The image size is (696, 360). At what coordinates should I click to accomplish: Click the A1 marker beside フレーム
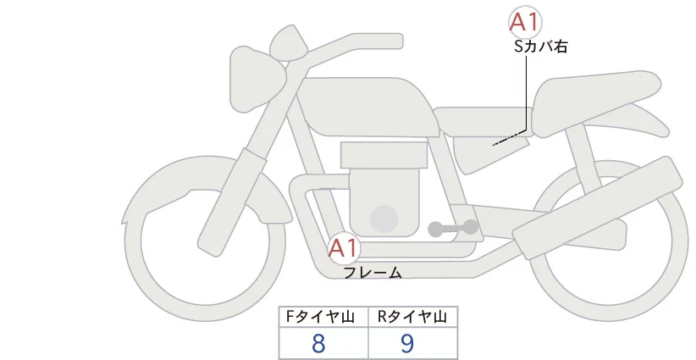click(x=345, y=249)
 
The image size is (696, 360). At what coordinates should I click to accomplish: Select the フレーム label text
click(x=373, y=273)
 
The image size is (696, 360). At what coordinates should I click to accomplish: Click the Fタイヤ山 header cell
click(x=323, y=317)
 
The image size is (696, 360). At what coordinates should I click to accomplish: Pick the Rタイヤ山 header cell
click(x=412, y=317)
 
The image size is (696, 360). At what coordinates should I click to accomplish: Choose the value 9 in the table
click(x=407, y=343)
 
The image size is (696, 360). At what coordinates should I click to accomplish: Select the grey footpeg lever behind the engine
click(x=452, y=228)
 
